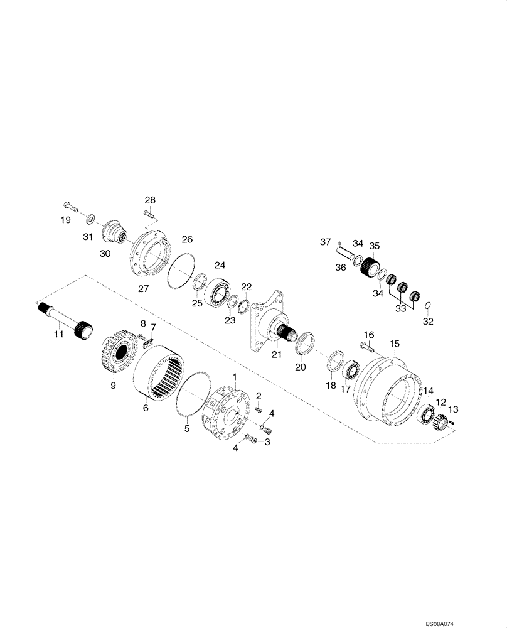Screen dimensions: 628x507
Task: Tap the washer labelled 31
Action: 90,218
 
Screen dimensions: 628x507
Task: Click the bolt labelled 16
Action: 367,344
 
